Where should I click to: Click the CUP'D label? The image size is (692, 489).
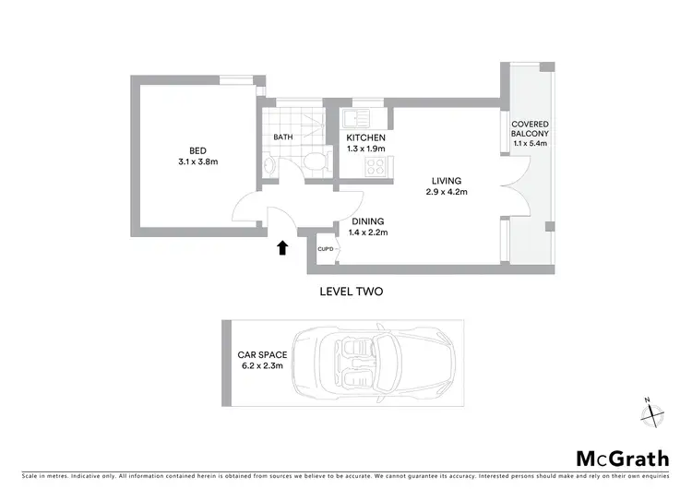tap(325, 249)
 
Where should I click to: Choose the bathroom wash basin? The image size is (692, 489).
tap(269, 165)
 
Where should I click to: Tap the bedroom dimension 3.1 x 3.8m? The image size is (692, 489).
tap(197, 161)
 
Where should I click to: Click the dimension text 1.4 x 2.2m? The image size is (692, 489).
tap(368, 233)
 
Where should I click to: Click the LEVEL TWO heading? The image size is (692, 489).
tap(351, 291)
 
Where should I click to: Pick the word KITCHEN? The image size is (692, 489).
tap(365, 137)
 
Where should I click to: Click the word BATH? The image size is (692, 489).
tap(282, 137)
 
